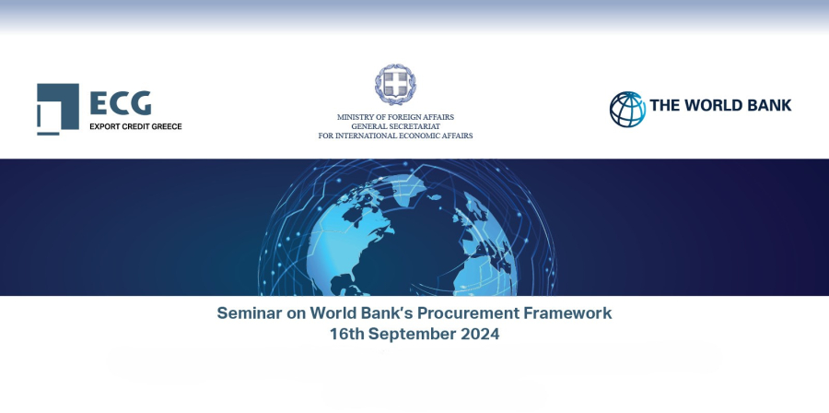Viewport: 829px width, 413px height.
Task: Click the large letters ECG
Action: pyautogui.click(x=121, y=103)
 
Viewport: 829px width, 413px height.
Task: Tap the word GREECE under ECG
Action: pyautogui.click(x=166, y=126)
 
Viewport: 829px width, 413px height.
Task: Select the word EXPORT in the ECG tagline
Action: pyautogui.click(x=102, y=126)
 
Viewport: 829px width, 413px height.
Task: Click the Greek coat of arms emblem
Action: pyautogui.click(x=395, y=85)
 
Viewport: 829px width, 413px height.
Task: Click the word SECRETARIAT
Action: pyautogui.click(x=417, y=126)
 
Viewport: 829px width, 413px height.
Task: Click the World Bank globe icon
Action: pyautogui.click(x=627, y=110)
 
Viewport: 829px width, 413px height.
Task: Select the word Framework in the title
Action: pyautogui.click(x=567, y=313)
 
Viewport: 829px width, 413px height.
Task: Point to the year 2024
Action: pyautogui.click(x=480, y=335)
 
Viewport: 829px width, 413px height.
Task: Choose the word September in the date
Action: pyautogui.click(x=413, y=335)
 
